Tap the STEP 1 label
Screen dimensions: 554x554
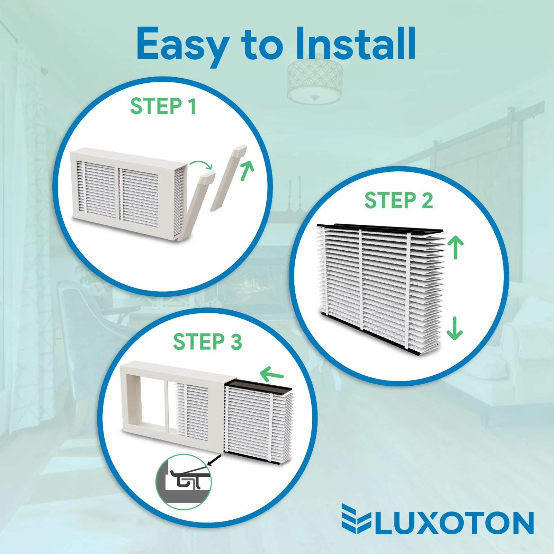pyautogui.click(x=163, y=106)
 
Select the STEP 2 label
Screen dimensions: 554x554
pyautogui.click(x=399, y=200)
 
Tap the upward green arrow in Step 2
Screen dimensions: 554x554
pyautogui.click(x=455, y=247)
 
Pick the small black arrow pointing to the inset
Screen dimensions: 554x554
pyautogui.click(x=215, y=460)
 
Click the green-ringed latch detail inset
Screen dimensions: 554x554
pyautogui.click(x=184, y=482)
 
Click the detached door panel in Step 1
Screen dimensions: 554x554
pyautogui.click(x=228, y=178)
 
